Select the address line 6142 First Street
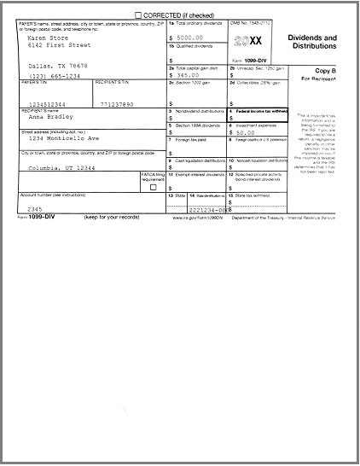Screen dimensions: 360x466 58,45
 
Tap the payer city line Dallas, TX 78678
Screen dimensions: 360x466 58,66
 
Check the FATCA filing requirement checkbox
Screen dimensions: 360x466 154,187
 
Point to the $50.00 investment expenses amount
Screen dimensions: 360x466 247,132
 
